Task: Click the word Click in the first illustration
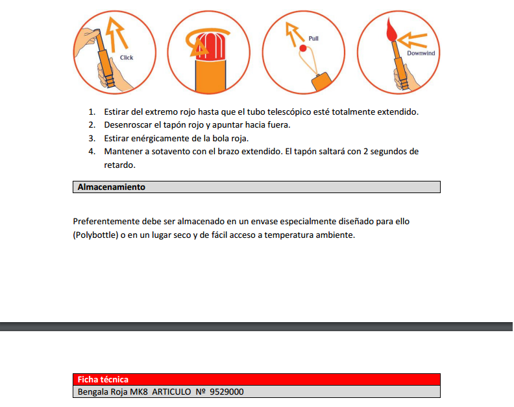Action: (x=127, y=58)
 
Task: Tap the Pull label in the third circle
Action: (x=313, y=39)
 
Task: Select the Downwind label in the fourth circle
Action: (x=421, y=53)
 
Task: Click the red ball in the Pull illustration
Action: (x=302, y=48)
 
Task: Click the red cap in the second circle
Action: (x=209, y=46)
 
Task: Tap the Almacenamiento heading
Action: (x=112, y=187)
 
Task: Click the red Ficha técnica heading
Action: (x=103, y=380)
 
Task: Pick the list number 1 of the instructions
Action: (x=92, y=112)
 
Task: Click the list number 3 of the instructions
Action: (x=92, y=139)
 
